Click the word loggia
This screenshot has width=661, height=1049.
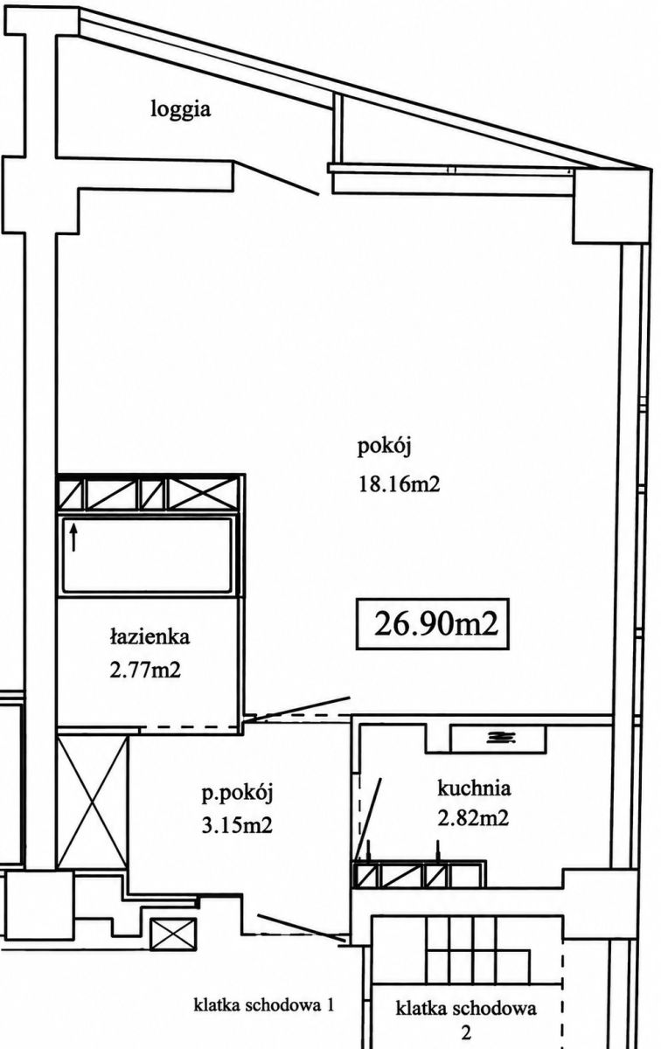tap(180, 110)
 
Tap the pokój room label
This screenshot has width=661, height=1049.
tap(384, 448)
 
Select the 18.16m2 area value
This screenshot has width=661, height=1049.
tap(399, 483)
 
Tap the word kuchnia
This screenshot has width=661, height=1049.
tap(474, 788)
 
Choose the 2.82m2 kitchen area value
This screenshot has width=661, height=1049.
tap(473, 818)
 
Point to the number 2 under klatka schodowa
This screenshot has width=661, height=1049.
tap(466, 1031)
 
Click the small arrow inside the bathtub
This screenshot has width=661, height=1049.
tap(73, 538)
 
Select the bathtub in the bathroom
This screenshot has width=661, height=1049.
tap(147, 555)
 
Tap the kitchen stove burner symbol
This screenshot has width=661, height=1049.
tap(501, 738)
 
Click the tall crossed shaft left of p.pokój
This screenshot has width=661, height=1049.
tap(93, 802)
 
